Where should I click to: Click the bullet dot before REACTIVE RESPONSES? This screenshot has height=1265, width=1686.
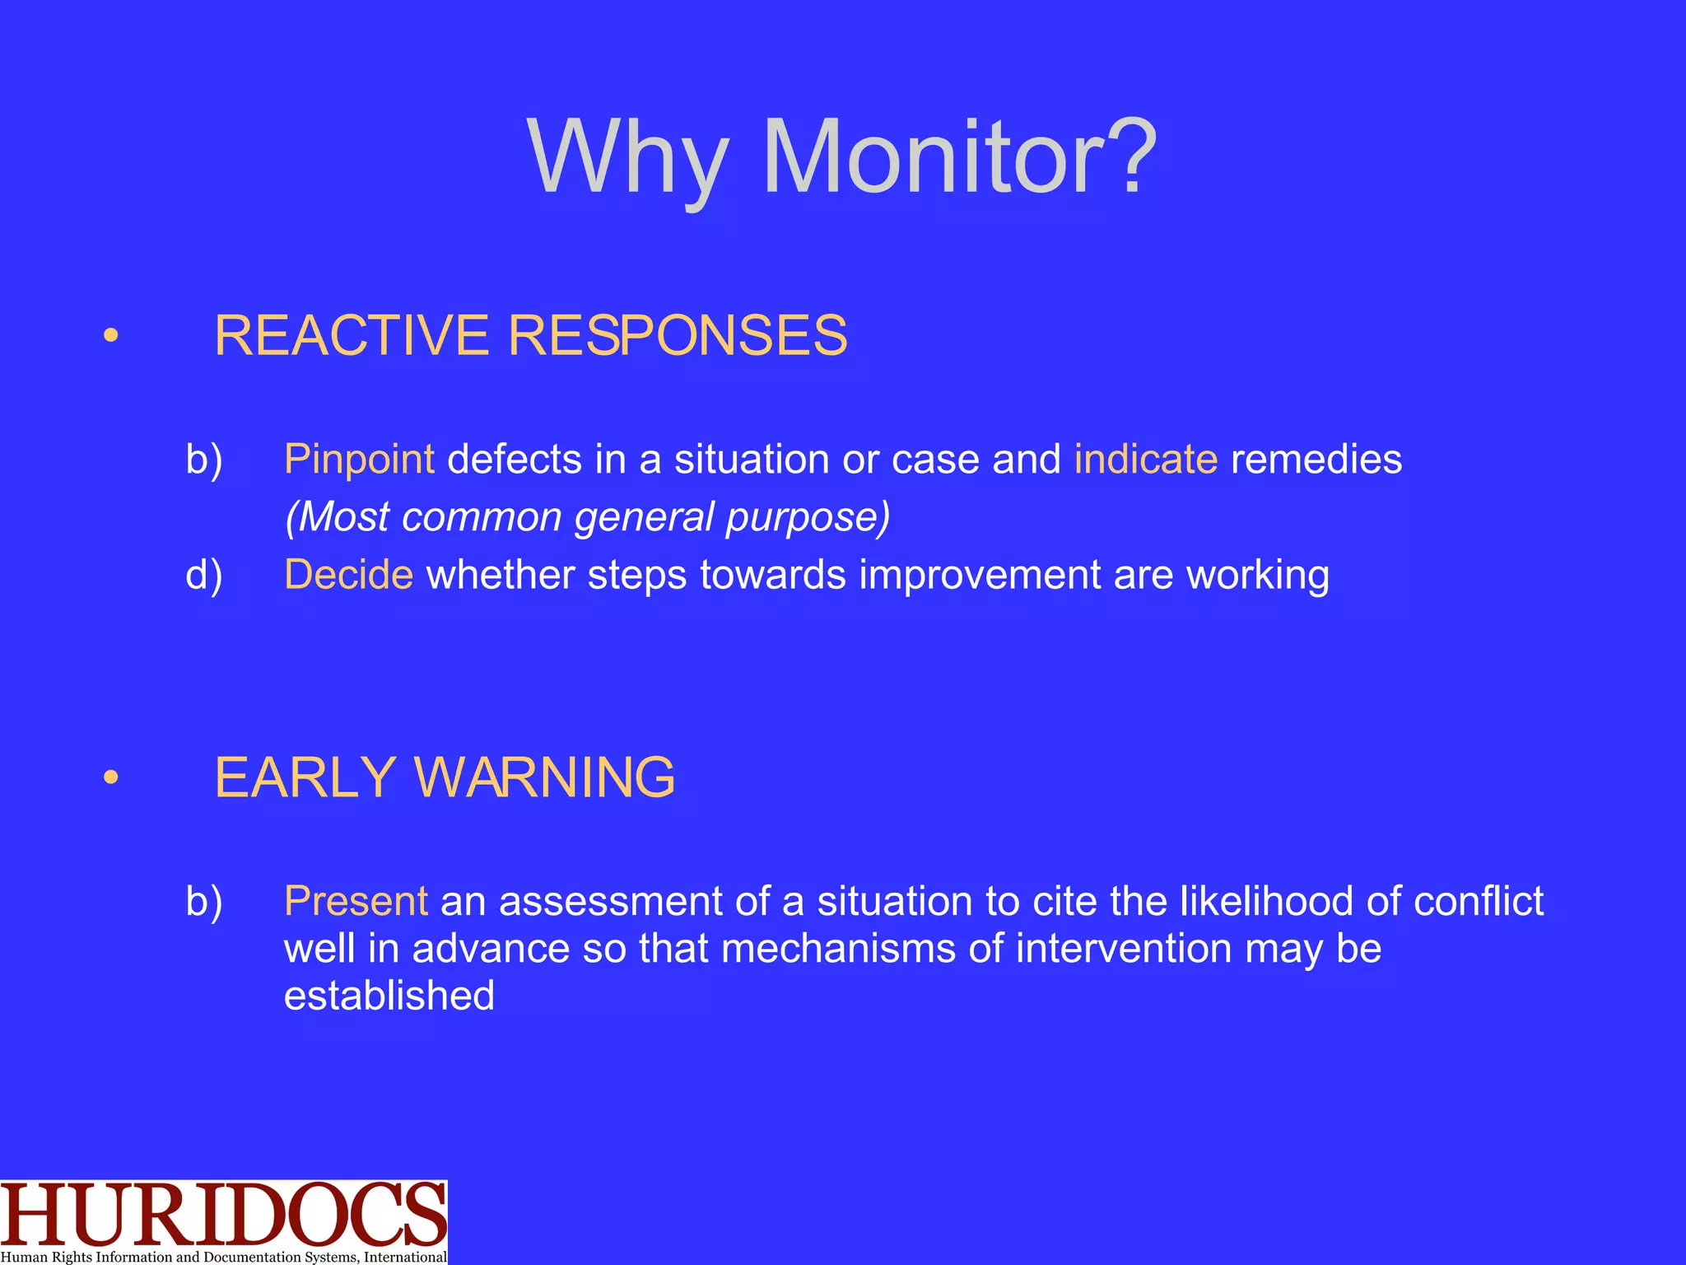coord(111,336)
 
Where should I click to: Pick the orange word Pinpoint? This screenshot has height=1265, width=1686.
coord(359,460)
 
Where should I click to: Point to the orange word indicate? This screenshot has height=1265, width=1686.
coord(1145,460)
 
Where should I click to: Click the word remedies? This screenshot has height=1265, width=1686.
coord(1316,460)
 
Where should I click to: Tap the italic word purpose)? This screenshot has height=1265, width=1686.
coord(808,517)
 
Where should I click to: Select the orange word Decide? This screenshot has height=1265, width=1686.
coord(348,575)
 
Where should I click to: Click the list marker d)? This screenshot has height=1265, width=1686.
coord(204,575)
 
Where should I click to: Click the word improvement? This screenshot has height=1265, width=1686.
coord(980,575)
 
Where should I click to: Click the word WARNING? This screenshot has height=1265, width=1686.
coord(544,777)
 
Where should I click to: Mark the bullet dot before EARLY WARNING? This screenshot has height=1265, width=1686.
coord(111,777)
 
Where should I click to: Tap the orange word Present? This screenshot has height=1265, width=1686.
coord(356,901)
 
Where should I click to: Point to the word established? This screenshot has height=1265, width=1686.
coord(389,996)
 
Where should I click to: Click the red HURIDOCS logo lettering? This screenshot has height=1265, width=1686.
coord(222,1215)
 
